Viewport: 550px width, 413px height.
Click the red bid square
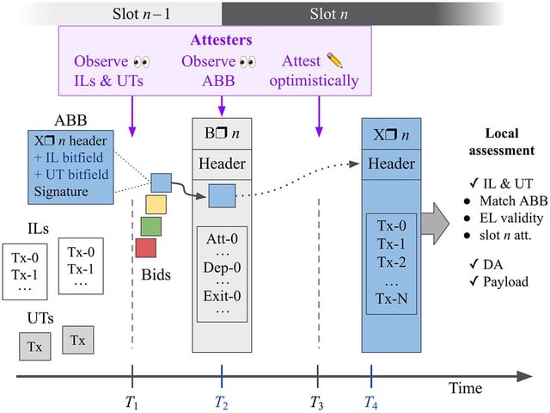tap(146, 248)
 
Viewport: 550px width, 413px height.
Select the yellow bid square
tap(156, 205)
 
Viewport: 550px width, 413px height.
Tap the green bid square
tap(151, 226)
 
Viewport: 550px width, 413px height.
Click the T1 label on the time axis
tap(131, 402)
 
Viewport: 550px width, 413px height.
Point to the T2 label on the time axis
tap(222, 402)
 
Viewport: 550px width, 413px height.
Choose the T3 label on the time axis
tap(317, 402)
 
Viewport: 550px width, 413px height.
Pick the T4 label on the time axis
tap(370, 402)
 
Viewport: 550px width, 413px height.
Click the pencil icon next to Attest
tap(334, 60)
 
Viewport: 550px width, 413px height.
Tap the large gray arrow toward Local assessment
tap(435, 224)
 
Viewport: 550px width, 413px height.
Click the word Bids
tap(156, 274)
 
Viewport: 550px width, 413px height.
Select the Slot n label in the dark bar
tap(328, 14)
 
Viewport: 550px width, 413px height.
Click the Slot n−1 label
tap(141, 14)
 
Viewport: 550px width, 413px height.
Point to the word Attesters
tap(222, 40)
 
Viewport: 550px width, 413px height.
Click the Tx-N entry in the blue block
tap(392, 299)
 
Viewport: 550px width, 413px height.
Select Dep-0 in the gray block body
tap(222, 268)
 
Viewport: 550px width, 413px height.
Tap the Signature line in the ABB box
tap(61, 191)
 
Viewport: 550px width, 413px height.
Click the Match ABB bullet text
tap(514, 200)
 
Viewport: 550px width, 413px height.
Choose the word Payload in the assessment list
tap(505, 281)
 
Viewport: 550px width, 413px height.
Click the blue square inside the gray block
tap(222, 195)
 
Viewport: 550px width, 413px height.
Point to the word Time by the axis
tap(466, 388)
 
